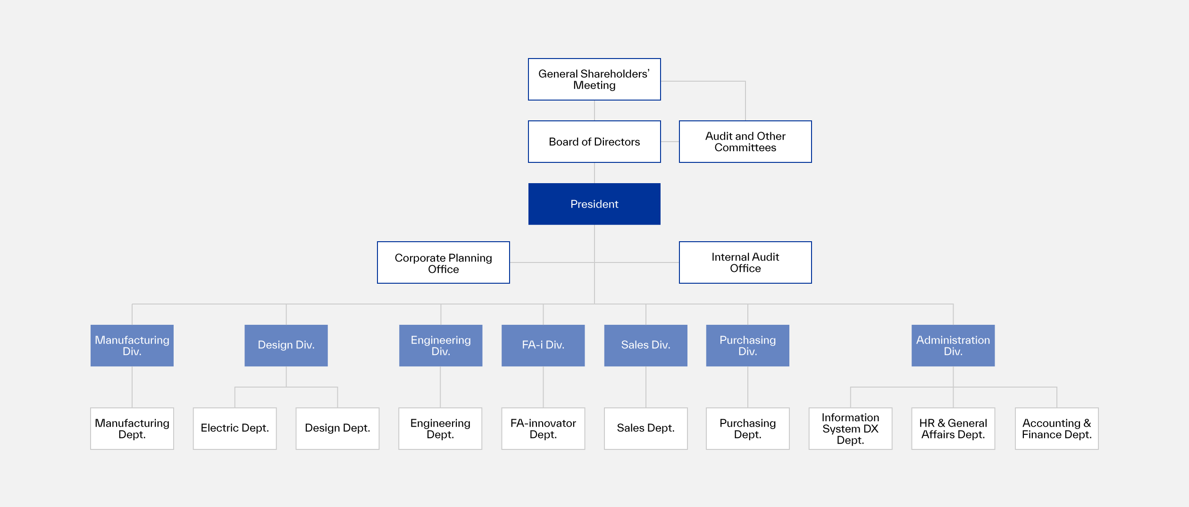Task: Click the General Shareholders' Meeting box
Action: pyautogui.click(x=594, y=79)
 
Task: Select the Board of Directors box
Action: pyautogui.click(x=594, y=142)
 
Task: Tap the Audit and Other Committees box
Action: pyautogui.click(x=745, y=142)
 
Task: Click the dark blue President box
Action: pyautogui.click(x=594, y=204)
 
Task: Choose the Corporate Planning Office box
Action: pyautogui.click(x=443, y=262)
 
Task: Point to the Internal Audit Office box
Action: pyautogui.click(x=745, y=262)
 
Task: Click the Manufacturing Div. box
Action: pyautogui.click(x=132, y=346)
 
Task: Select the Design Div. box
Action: pyautogui.click(x=286, y=346)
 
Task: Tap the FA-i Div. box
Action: pyautogui.click(x=543, y=346)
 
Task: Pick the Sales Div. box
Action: pyautogui.click(x=645, y=346)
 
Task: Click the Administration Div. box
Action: pyautogui.click(x=953, y=346)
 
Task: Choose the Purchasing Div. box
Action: pyautogui.click(x=747, y=346)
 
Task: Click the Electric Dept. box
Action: pyautogui.click(x=234, y=428)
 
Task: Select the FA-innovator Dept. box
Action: pyautogui.click(x=543, y=428)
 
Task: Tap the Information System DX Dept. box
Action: pyautogui.click(x=850, y=428)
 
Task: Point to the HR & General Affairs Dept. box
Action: pyautogui.click(x=953, y=428)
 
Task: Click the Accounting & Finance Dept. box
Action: pyautogui.click(x=1056, y=428)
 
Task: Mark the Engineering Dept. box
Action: pyautogui.click(x=440, y=428)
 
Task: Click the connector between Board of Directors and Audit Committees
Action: pyautogui.click(x=670, y=142)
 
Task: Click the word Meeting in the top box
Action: pyautogui.click(x=594, y=85)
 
